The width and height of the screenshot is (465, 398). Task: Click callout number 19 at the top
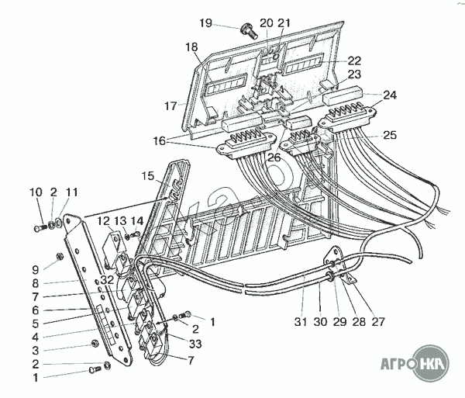205,23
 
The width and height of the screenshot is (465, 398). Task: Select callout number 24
389,95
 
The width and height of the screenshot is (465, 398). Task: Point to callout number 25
389,135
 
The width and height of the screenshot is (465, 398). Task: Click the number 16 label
159,141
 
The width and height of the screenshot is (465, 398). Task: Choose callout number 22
354,61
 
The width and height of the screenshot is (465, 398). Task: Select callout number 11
72,192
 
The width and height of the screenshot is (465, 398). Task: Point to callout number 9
36,269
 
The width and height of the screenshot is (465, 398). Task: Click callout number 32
107,279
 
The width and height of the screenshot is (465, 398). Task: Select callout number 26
274,157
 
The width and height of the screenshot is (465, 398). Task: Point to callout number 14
136,220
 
